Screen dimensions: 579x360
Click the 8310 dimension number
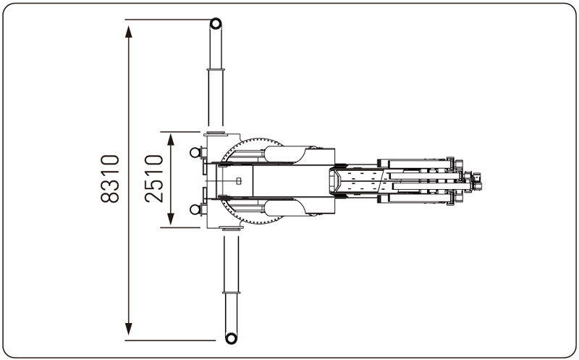click(x=110, y=179)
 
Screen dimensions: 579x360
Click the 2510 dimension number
click(x=154, y=179)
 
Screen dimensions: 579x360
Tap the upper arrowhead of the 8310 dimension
click(x=129, y=32)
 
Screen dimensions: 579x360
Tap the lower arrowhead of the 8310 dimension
click(x=129, y=329)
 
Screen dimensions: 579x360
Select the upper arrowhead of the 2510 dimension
click(x=171, y=140)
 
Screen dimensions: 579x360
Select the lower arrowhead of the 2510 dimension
click(x=171, y=219)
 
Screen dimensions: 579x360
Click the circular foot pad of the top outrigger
click(x=216, y=24)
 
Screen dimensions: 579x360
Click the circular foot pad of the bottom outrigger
click(x=231, y=338)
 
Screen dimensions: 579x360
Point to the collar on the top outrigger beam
click(x=216, y=69)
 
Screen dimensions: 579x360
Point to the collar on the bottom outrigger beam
click(x=231, y=293)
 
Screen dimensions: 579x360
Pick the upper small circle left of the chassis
click(x=195, y=152)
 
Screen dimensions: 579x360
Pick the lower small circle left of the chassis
click(x=195, y=209)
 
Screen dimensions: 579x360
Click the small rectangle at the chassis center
click(x=239, y=181)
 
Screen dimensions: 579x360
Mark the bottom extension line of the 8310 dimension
click(x=170, y=340)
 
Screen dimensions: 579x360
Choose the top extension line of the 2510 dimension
click(x=180, y=132)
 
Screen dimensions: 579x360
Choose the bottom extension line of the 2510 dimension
click(x=180, y=227)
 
